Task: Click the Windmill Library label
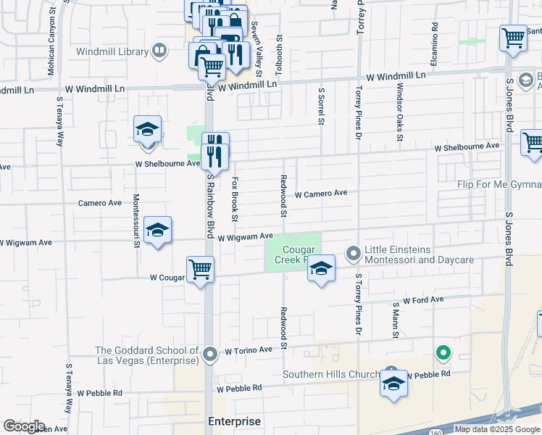113,51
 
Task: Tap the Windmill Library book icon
159,51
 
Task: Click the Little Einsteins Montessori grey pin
354,253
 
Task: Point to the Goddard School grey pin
210,355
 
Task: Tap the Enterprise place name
234,421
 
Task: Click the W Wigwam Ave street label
246,236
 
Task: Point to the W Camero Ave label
321,194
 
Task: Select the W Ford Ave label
423,299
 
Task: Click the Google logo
24,426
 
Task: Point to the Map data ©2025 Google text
497,429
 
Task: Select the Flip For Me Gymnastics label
499,184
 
